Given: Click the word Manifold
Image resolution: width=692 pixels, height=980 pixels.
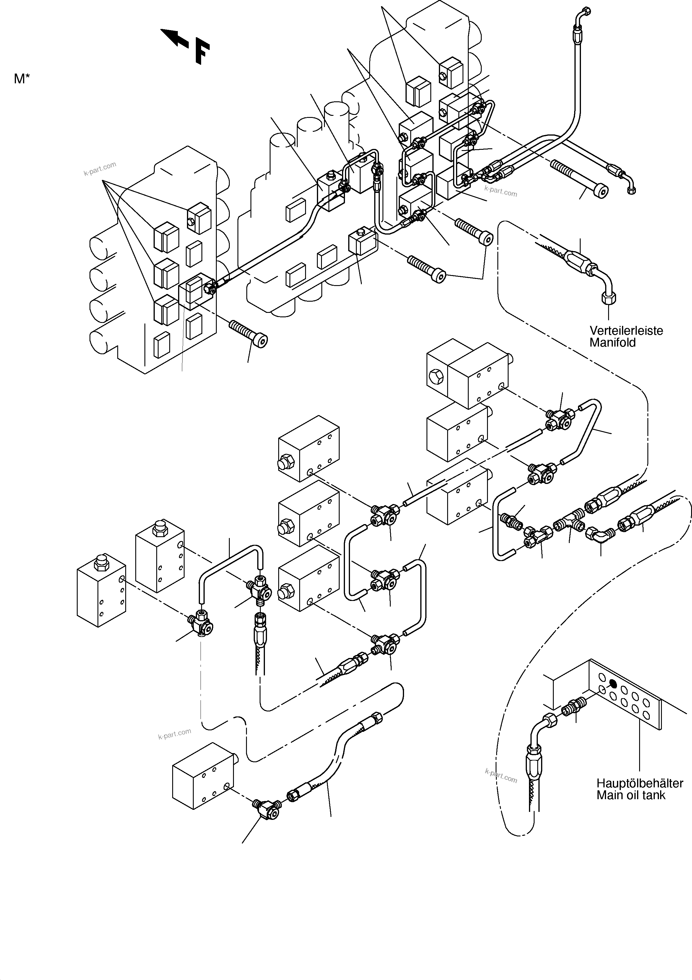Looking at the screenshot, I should pyautogui.click(x=612, y=343).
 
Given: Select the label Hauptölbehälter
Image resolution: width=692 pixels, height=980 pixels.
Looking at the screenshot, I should pyautogui.click(x=639, y=783).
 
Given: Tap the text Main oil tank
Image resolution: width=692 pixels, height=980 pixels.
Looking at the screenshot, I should pyautogui.click(x=631, y=795).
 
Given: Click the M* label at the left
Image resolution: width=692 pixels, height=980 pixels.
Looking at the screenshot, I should pyautogui.click(x=22, y=79).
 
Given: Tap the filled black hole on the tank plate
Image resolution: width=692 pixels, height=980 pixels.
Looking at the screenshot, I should pyautogui.click(x=613, y=684).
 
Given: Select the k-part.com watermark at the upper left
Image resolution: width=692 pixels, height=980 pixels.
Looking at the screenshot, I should pyautogui.click(x=100, y=169).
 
